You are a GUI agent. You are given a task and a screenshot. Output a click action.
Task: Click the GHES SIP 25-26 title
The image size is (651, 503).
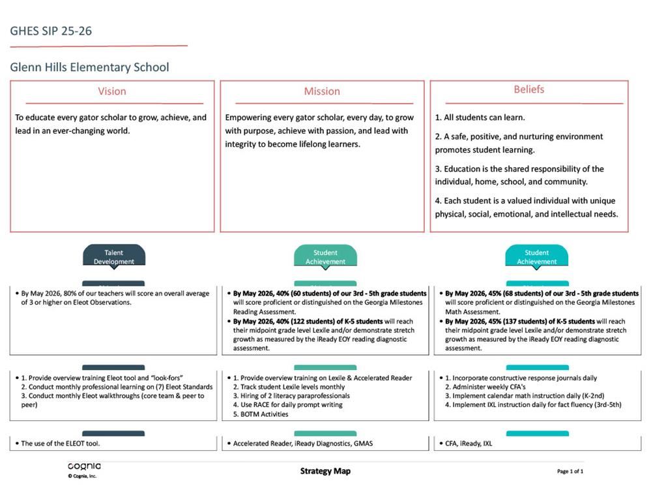coord(51,31)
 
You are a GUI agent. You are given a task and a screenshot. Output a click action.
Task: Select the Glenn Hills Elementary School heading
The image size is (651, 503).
coord(89,67)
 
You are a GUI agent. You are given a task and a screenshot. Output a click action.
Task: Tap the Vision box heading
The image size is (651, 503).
coord(112,91)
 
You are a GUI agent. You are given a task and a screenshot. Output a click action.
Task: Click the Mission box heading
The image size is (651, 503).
coord(322,91)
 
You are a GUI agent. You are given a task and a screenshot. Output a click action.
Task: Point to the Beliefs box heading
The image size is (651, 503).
coord(528,89)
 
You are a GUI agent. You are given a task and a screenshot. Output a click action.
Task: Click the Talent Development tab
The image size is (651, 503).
coord(113,256)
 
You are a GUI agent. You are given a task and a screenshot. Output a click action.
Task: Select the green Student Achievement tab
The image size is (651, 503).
coord(325,256)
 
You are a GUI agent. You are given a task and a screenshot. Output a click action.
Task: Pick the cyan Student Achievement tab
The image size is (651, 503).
coord(536,256)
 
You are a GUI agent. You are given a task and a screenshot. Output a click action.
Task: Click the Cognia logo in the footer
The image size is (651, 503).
coord(84,467)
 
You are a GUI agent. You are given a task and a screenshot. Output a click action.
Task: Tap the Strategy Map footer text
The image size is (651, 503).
coord(325,471)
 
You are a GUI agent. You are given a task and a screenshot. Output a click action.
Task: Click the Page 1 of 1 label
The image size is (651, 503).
coord(570,471)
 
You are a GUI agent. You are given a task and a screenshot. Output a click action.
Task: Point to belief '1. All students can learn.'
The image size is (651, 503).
coord(480,117)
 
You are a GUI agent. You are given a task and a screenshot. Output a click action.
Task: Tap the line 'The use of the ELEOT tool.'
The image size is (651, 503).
coord(61,444)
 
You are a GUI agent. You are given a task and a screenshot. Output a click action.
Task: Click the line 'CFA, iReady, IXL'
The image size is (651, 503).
coord(469,444)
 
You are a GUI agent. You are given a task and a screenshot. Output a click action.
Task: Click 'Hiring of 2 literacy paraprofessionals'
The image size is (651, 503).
coord(295,395)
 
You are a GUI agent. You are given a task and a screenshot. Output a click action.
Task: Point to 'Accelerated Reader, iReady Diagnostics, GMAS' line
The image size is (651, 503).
coord(303,444)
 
